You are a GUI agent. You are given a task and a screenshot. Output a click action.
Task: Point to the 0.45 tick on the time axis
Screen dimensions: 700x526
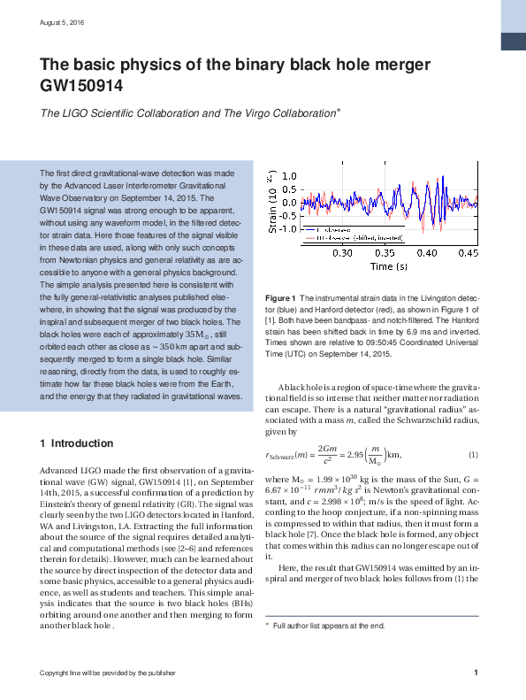[x=469, y=252]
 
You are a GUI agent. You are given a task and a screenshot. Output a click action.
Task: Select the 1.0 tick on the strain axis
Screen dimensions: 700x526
[x=288, y=177]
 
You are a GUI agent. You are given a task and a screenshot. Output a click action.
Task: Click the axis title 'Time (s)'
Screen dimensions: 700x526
[x=389, y=265]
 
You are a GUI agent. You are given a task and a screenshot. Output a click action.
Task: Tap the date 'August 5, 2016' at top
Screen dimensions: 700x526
[x=61, y=21]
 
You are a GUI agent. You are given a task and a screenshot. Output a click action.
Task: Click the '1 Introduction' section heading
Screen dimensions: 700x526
[x=77, y=442]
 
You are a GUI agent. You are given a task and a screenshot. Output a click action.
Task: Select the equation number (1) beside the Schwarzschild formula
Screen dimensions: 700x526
[x=473, y=455]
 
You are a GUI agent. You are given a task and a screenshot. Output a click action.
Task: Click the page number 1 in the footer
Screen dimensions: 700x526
[x=476, y=673]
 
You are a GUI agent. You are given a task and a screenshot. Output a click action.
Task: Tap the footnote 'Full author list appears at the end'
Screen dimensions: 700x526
[x=329, y=626]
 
